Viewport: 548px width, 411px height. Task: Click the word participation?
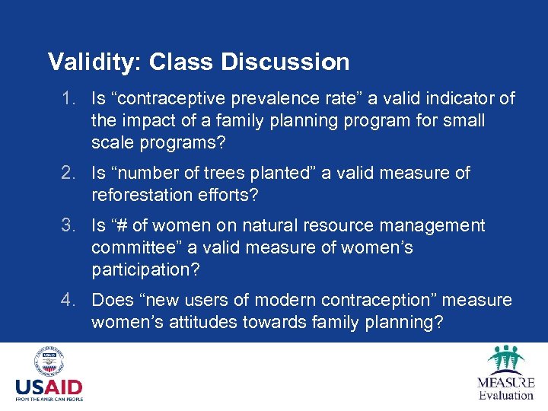pos(145,270)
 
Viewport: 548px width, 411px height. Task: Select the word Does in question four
pos(111,301)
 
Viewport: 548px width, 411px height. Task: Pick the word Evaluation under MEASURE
pos(505,395)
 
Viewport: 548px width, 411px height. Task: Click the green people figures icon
pos(505,358)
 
